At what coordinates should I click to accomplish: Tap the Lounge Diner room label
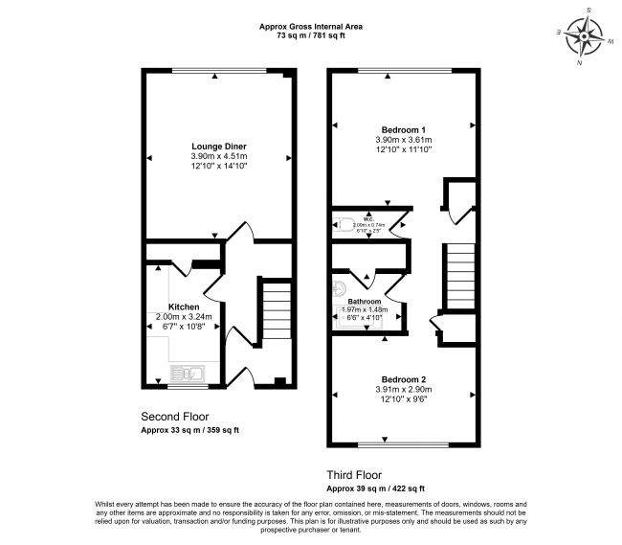pos(218,146)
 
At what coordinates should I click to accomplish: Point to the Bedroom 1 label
pos(403,129)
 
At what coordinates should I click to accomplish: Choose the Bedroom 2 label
pos(403,379)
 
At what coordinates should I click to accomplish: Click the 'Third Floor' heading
pos(354,474)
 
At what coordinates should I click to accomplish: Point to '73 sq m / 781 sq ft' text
pos(310,35)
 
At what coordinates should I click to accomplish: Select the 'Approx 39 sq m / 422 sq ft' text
pos(374,488)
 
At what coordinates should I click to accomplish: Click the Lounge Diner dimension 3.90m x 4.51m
pos(218,156)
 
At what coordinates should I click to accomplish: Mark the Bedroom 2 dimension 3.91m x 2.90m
pos(403,390)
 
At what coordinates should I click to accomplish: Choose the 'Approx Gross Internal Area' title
pos(310,26)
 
